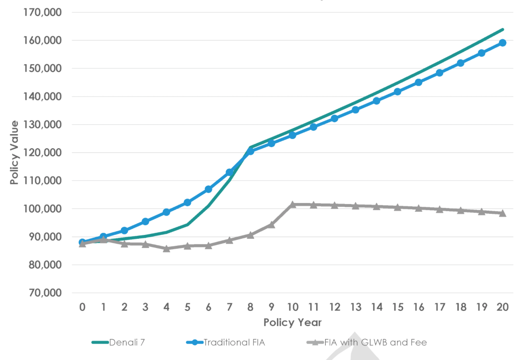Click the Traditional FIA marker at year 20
click(502, 43)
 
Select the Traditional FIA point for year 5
click(187, 203)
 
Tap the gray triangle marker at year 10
click(293, 204)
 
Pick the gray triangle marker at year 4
click(166, 249)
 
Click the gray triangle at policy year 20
click(502, 213)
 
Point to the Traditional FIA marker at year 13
click(355, 110)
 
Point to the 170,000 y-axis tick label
click(42, 13)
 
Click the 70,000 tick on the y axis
click(45, 293)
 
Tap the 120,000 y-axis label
click(42, 153)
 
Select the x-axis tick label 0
click(82, 307)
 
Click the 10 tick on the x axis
click(293, 307)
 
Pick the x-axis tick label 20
click(502, 307)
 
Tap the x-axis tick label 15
click(397, 307)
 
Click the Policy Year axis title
click(292, 323)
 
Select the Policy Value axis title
click(14, 153)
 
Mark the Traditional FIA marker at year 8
click(250, 151)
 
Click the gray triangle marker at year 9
click(272, 224)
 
